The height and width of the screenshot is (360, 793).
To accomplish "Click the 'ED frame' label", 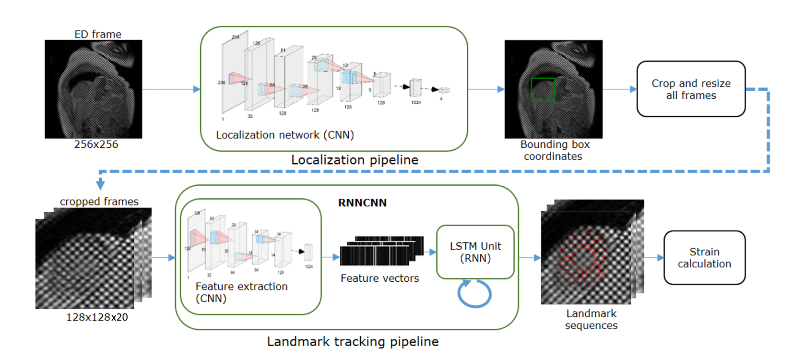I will click(x=98, y=34).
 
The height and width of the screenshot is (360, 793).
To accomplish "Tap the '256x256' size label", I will click(x=96, y=144).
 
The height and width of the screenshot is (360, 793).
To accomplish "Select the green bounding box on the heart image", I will click(x=543, y=90).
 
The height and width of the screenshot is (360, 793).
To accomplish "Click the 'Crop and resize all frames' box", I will click(x=691, y=89).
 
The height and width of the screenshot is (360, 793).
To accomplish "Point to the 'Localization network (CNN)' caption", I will click(x=285, y=135).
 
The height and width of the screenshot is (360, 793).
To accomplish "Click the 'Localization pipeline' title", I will click(x=355, y=160).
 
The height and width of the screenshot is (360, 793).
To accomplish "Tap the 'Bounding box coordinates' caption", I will click(x=555, y=150).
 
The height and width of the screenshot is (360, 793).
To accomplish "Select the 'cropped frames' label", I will click(x=99, y=202).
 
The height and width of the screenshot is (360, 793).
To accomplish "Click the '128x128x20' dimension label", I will click(x=97, y=317).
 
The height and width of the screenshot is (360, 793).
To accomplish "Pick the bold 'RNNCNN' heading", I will click(x=362, y=203).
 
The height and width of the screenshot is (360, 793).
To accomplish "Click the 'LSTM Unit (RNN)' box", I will click(x=475, y=252).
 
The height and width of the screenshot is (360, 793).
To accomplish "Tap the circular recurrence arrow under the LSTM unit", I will click(x=474, y=293).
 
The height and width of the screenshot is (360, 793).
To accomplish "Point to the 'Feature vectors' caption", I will click(x=379, y=278).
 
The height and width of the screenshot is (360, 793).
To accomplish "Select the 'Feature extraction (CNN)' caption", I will click(x=241, y=292).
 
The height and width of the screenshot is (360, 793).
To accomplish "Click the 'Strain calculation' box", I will click(x=704, y=258).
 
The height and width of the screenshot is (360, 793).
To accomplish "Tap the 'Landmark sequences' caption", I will click(x=591, y=319).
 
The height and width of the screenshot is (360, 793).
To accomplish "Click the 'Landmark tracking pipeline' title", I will click(x=353, y=342).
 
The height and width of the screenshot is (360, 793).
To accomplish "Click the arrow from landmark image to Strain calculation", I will click(x=654, y=258).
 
